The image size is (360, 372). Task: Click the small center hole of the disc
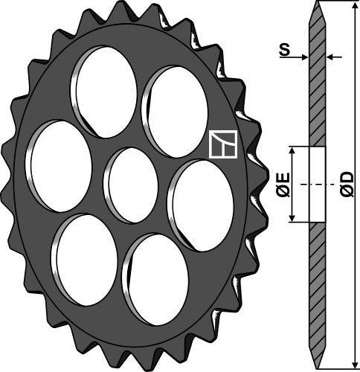131,185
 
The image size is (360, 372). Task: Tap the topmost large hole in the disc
104,92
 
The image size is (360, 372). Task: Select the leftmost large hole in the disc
59,166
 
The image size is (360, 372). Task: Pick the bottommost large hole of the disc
155,280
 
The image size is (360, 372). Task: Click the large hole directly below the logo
201,205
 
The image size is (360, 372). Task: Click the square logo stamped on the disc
223,144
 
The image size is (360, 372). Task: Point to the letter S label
284,50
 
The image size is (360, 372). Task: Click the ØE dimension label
283,185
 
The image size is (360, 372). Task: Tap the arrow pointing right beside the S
294,57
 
